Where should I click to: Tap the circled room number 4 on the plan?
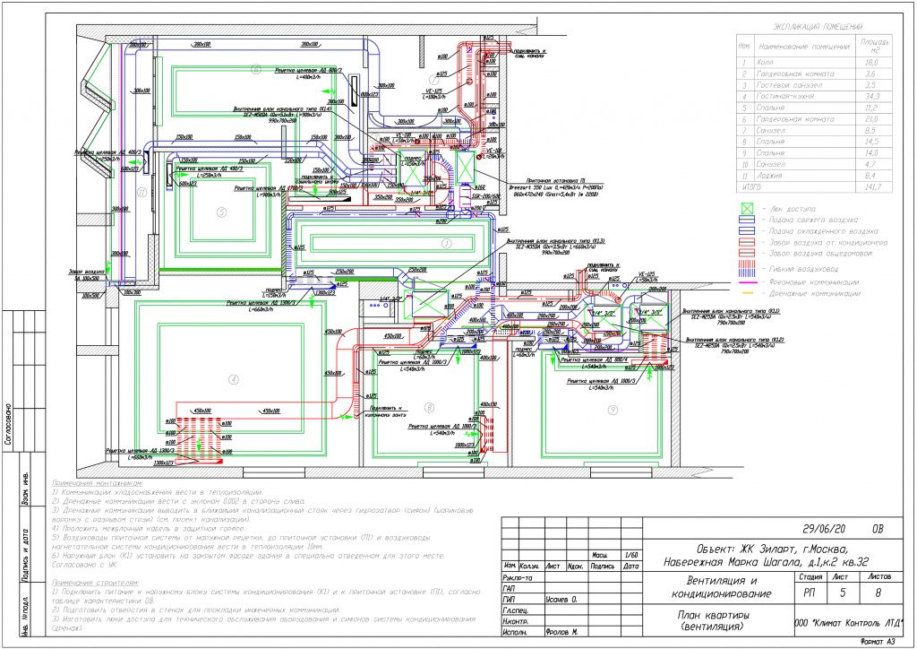point(234,379)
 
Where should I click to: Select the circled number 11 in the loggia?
point(140,192)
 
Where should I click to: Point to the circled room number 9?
point(613,410)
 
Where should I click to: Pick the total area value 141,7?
point(870,186)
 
